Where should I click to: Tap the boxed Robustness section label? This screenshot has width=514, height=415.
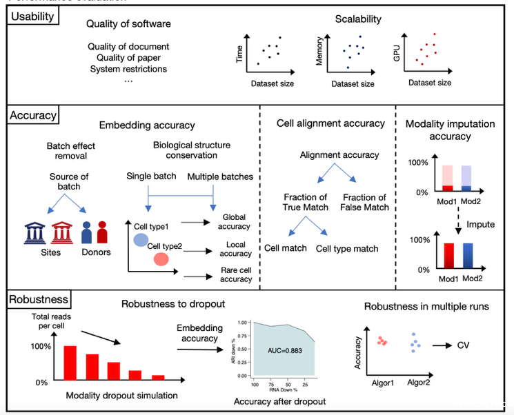point(39,299)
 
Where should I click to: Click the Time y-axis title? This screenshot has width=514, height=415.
point(240,55)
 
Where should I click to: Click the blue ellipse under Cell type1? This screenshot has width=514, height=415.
point(140,239)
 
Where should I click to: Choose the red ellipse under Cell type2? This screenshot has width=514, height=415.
point(162,259)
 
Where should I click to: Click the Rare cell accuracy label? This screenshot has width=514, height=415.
point(237,274)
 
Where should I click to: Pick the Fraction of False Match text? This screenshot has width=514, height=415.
point(365,202)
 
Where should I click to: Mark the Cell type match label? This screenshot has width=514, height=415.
point(347,248)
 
